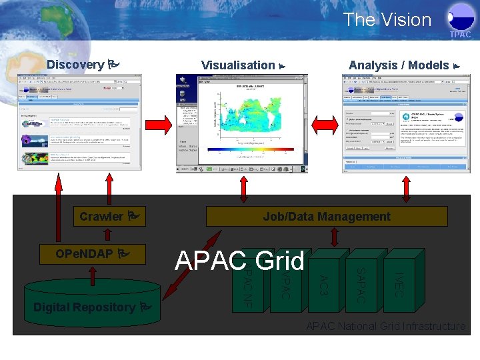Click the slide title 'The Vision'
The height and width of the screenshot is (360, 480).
click(387, 20)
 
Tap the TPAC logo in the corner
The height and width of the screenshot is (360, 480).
click(459, 23)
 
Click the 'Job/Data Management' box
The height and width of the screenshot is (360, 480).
click(326, 217)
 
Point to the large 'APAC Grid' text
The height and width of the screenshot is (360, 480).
click(239, 261)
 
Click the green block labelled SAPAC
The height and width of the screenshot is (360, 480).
click(360, 284)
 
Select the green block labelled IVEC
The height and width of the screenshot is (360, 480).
click(398, 284)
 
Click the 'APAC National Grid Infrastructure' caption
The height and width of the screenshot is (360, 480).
click(385, 326)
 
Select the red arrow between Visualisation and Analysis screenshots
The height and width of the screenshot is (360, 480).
click(326, 121)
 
